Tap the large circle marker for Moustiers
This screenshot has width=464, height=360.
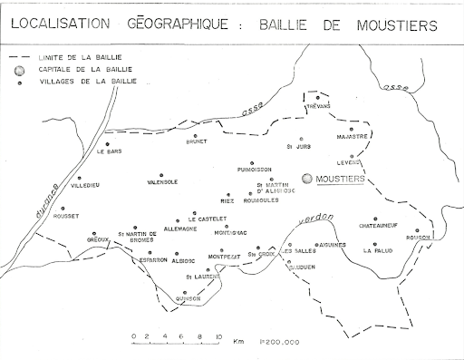pyautogui.click(x=308, y=180)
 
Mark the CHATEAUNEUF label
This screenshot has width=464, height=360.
pyautogui.click(x=379, y=224)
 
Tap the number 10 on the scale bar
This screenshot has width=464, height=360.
pyautogui.click(x=217, y=336)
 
